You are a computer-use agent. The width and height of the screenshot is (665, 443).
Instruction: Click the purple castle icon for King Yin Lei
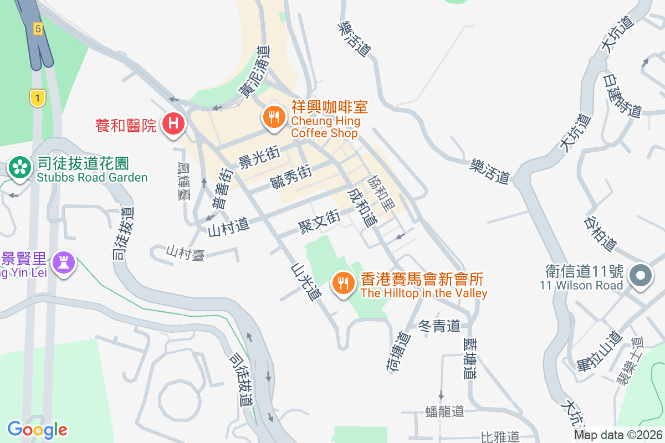coord(64,262)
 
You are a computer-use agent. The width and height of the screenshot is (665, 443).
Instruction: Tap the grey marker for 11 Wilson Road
coord(641,275)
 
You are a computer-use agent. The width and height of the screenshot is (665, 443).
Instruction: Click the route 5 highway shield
coord(38,29)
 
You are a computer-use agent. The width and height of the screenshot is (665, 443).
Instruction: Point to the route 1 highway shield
coord(37,99)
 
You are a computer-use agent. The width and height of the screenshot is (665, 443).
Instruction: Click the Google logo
coord(37,429)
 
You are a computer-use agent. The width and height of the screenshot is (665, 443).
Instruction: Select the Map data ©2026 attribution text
coord(618,435)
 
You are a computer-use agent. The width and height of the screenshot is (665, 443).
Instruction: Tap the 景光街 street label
coord(258,158)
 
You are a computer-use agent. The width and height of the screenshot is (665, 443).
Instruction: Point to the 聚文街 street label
coord(319,221)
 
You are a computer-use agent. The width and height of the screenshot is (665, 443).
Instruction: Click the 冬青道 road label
coord(439,326)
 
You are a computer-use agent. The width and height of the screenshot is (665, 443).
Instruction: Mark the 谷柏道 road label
coord(600,233)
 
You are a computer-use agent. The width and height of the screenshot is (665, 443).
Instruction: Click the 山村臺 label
coord(186,253)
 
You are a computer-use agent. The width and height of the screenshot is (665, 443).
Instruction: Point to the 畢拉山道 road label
coord(598,356)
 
